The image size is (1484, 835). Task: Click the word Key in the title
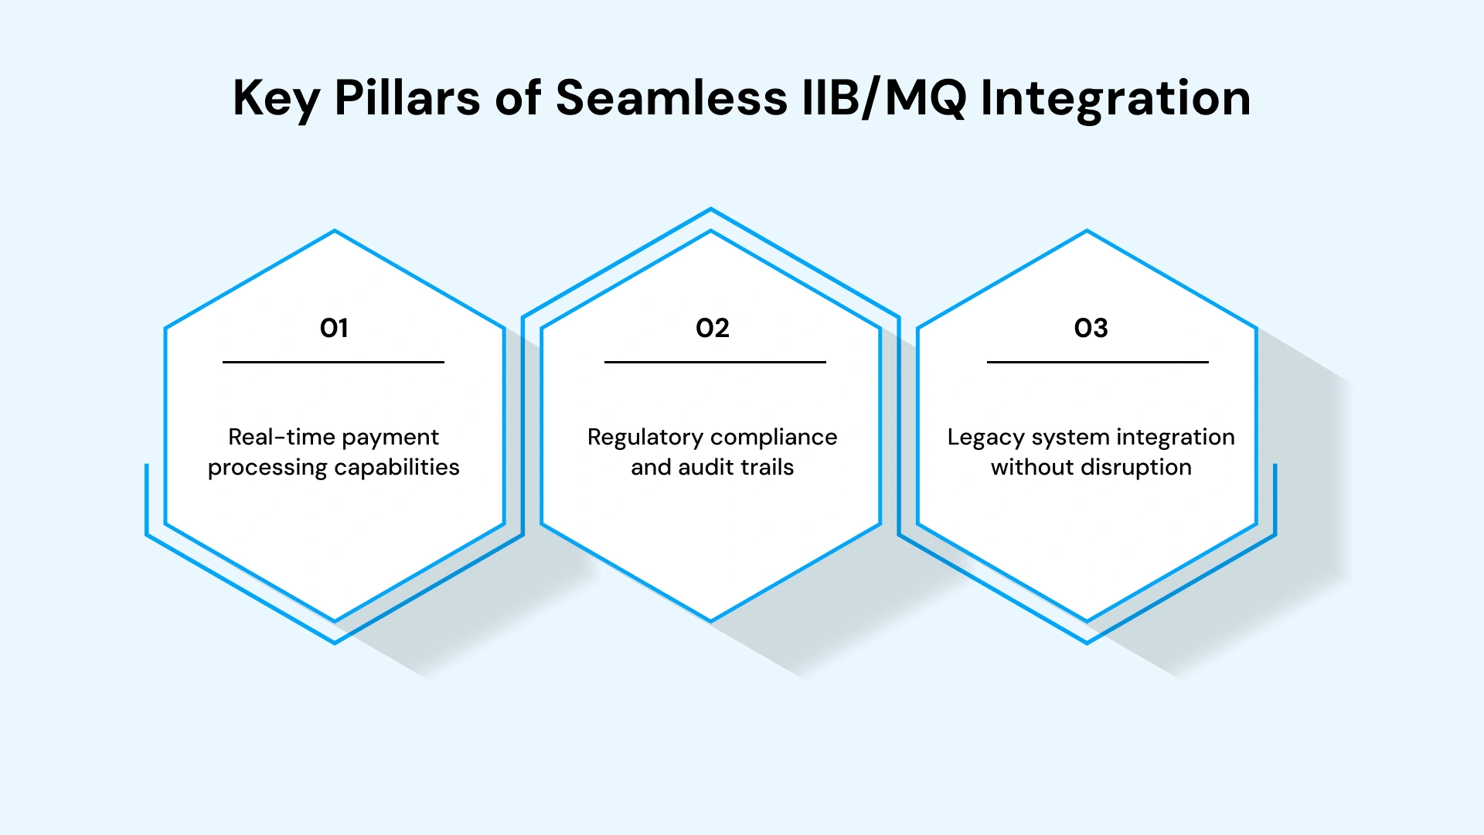pyautogui.click(x=277, y=99)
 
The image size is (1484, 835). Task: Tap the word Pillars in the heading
pyautogui.click(x=407, y=99)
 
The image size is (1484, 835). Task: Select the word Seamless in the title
pyautogui.click(x=671, y=99)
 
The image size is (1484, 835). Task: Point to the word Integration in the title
pyautogui.click(x=1115, y=99)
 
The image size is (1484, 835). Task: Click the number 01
pyautogui.click(x=334, y=329)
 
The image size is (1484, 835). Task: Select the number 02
pyautogui.click(x=712, y=329)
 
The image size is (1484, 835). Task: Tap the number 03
pyautogui.click(x=1091, y=329)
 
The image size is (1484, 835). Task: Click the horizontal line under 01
pyautogui.click(x=333, y=362)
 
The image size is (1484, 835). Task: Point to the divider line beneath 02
pyautogui.click(x=715, y=362)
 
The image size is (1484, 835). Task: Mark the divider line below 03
pyautogui.click(x=1098, y=362)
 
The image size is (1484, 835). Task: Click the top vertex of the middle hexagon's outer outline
pyautogui.click(x=711, y=209)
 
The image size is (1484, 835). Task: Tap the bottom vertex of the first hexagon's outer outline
pyautogui.click(x=335, y=642)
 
